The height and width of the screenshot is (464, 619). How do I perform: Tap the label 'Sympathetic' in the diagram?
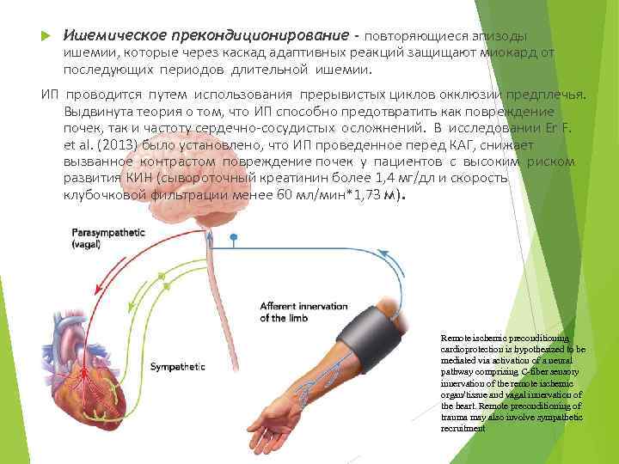tap(178, 367)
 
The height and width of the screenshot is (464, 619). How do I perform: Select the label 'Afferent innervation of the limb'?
tap(303, 312)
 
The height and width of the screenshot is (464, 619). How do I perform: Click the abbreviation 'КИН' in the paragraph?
tap(130, 179)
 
